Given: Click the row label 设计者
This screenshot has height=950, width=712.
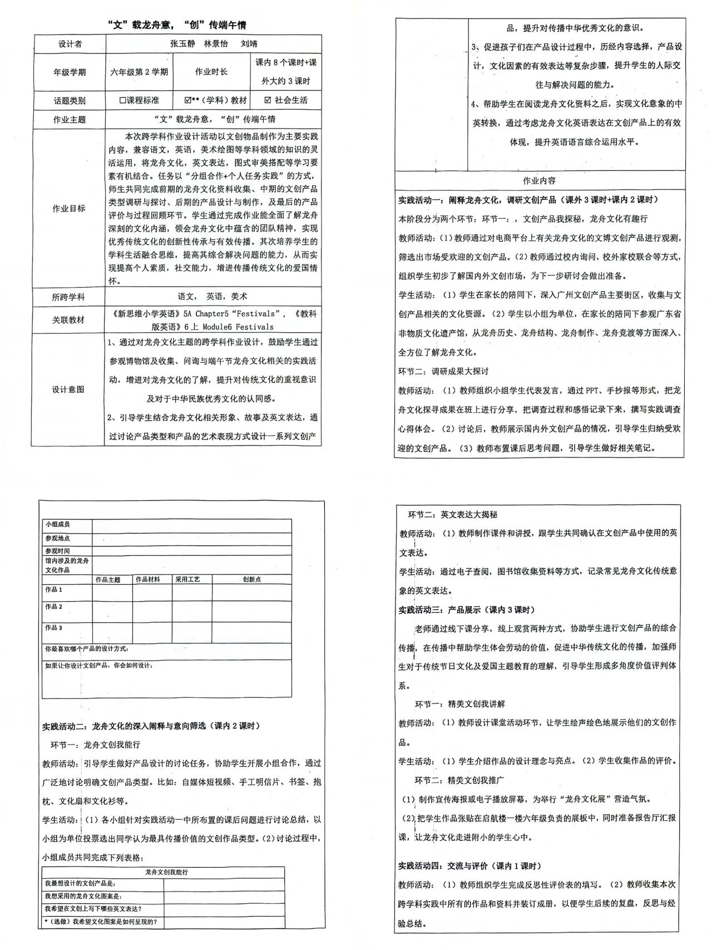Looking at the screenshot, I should click(70, 44).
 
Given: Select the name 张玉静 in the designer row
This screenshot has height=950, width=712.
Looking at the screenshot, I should click(182, 44).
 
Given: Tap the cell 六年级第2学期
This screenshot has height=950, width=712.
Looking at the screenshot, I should click(139, 72).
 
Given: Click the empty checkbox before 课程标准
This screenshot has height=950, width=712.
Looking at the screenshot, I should click(123, 101).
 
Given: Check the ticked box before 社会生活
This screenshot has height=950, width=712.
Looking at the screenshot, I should click(268, 100).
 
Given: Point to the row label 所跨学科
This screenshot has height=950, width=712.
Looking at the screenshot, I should click(68, 297).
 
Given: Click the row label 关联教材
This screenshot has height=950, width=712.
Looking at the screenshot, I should click(68, 320).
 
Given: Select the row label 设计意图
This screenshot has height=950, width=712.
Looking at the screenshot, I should click(68, 390).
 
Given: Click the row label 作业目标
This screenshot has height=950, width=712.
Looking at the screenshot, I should click(68, 209).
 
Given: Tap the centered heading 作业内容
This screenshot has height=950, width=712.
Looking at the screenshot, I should click(539, 180).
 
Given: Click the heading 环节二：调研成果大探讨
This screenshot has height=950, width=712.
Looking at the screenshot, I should click(443, 371).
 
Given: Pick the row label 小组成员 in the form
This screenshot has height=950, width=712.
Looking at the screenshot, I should click(58, 524).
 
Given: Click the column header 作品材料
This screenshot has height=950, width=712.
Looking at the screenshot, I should click(147, 579).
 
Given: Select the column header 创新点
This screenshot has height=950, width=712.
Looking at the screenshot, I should click(251, 579).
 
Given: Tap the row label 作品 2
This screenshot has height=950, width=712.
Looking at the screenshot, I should click(54, 607).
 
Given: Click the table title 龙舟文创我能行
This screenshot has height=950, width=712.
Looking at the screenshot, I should click(166, 872).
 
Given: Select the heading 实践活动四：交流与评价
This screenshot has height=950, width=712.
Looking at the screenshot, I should click(444, 865).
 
